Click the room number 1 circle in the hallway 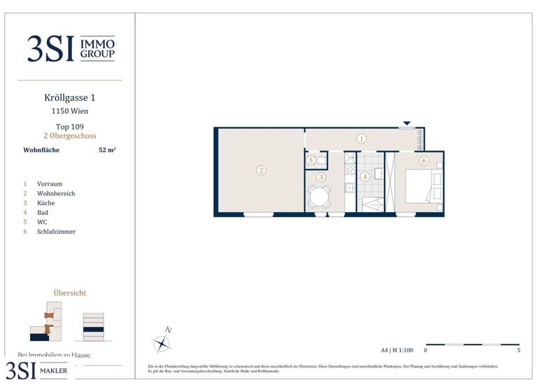pyautogui.click(x=361, y=139)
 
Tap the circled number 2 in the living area pyautogui.click(x=261, y=170)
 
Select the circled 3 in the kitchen pyautogui.click(x=321, y=177)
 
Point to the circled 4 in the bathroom pyautogui.click(x=365, y=176)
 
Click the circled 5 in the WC pyautogui.click(x=311, y=161)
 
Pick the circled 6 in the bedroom pyautogui.click(x=424, y=160)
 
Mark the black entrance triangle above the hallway pyautogui.click(x=407, y=123)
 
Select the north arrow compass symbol pyautogui.click(x=162, y=342)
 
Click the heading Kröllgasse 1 pyautogui.click(x=69, y=99)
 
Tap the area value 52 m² pyautogui.click(x=107, y=150)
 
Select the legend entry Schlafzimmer pyautogui.click(x=56, y=232)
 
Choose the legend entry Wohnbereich pyautogui.click(x=56, y=193)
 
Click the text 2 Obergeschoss pyautogui.click(x=69, y=136)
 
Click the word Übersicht pyautogui.click(x=70, y=293)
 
